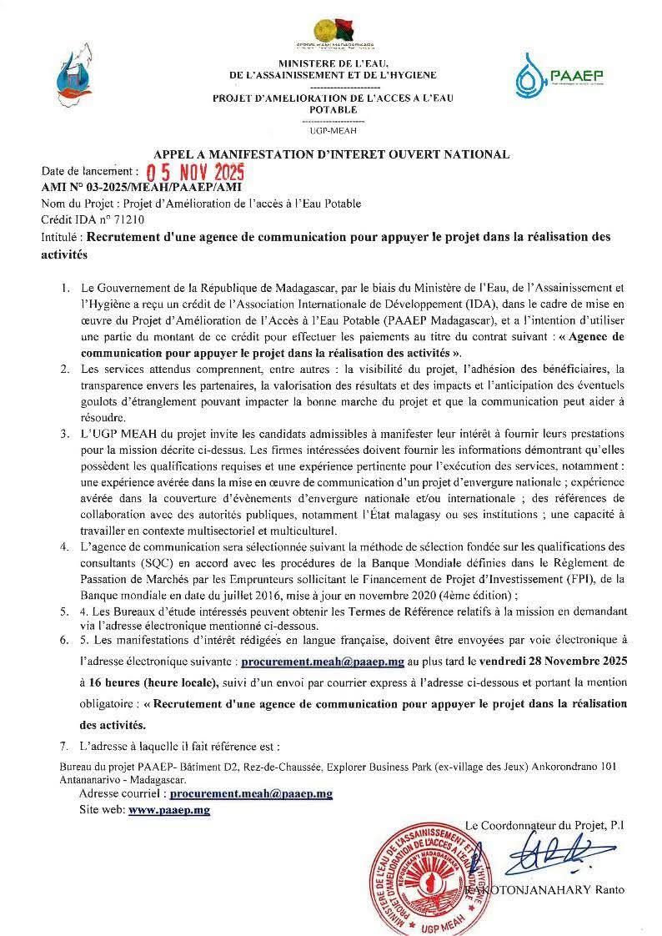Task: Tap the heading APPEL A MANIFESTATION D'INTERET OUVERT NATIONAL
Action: point(330,154)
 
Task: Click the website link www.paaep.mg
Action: point(169,810)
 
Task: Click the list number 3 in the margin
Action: point(64,435)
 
